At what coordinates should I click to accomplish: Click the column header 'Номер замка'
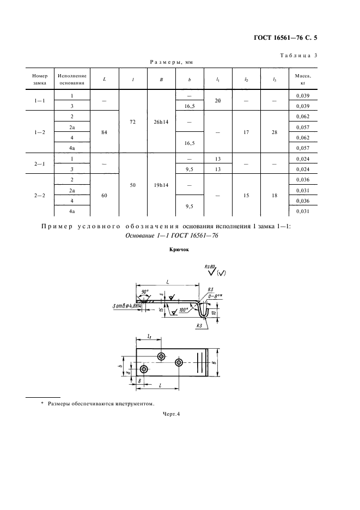(40, 80)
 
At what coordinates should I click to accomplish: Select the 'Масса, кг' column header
(303, 80)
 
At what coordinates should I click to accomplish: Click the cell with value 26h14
(161, 122)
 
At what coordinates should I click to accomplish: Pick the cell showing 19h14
(161, 185)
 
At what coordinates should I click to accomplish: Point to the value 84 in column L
(104, 132)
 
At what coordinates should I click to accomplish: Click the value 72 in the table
(133, 122)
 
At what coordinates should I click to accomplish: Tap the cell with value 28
(274, 132)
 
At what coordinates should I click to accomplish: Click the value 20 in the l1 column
(218, 101)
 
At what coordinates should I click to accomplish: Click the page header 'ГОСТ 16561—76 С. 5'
(285, 38)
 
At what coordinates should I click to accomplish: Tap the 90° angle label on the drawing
(145, 292)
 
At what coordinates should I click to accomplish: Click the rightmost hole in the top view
(179, 362)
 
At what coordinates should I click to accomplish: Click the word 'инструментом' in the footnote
(137, 404)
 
